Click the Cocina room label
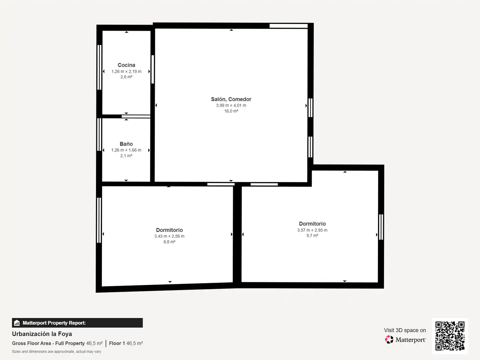[x=126, y=65]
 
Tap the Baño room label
[x=126, y=144]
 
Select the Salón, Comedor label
[x=231, y=99]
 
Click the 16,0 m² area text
[x=231, y=111]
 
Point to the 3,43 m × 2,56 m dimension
[x=169, y=236]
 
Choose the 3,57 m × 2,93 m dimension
[x=312, y=230]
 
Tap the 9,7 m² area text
[x=312, y=236]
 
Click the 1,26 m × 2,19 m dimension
[x=126, y=71]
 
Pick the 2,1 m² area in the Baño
[x=126, y=156]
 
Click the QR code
[x=450, y=336]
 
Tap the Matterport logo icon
[x=389, y=339]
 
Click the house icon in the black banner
[x=17, y=323]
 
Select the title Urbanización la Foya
[x=42, y=334]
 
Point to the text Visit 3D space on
[x=405, y=330]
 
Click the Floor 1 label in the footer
[x=117, y=343]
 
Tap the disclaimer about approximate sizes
[x=57, y=351]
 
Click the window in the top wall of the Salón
[x=289, y=26]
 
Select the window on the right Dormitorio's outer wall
[x=381, y=227]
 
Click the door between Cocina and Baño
[x=136, y=117]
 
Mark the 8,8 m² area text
[x=169, y=242]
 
